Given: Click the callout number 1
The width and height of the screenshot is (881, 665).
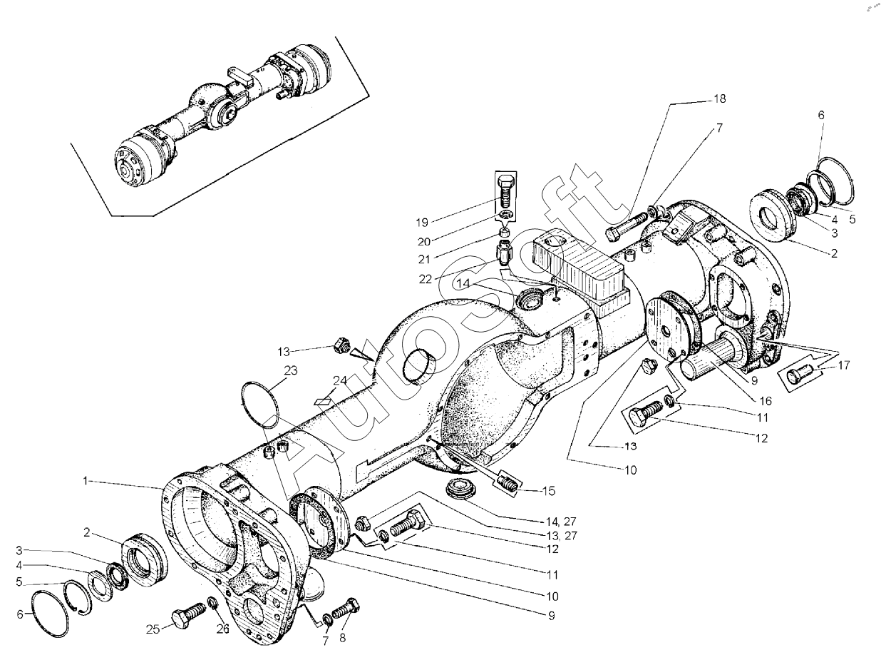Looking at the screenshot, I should pyautogui.click(x=86, y=482).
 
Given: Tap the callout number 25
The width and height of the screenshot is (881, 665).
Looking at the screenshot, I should pyautogui.click(x=152, y=629).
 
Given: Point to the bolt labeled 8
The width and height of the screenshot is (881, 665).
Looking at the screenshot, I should pyautogui.click(x=346, y=609).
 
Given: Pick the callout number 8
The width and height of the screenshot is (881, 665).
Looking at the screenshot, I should pyautogui.click(x=343, y=638).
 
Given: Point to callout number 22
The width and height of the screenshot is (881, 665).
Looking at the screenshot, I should pyautogui.click(x=426, y=279).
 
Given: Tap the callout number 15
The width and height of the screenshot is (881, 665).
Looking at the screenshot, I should pyautogui.click(x=547, y=491).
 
